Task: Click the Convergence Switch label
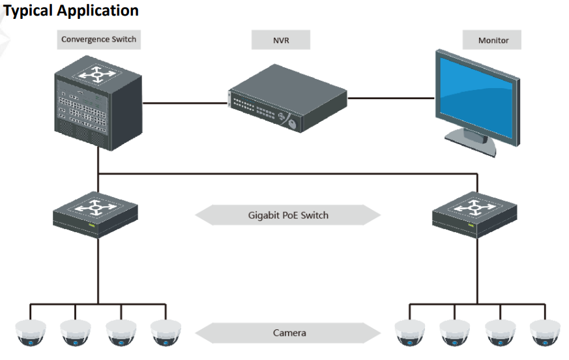tap(99, 40)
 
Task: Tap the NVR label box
tap(280, 40)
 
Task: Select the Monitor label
tap(493, 40)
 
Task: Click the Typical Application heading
tap(71, 10)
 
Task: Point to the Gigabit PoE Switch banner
tap(288, 215)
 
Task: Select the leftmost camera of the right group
tap(410, 333)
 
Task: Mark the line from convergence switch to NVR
tap(185, 102)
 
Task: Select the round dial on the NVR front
tap(291, 121)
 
